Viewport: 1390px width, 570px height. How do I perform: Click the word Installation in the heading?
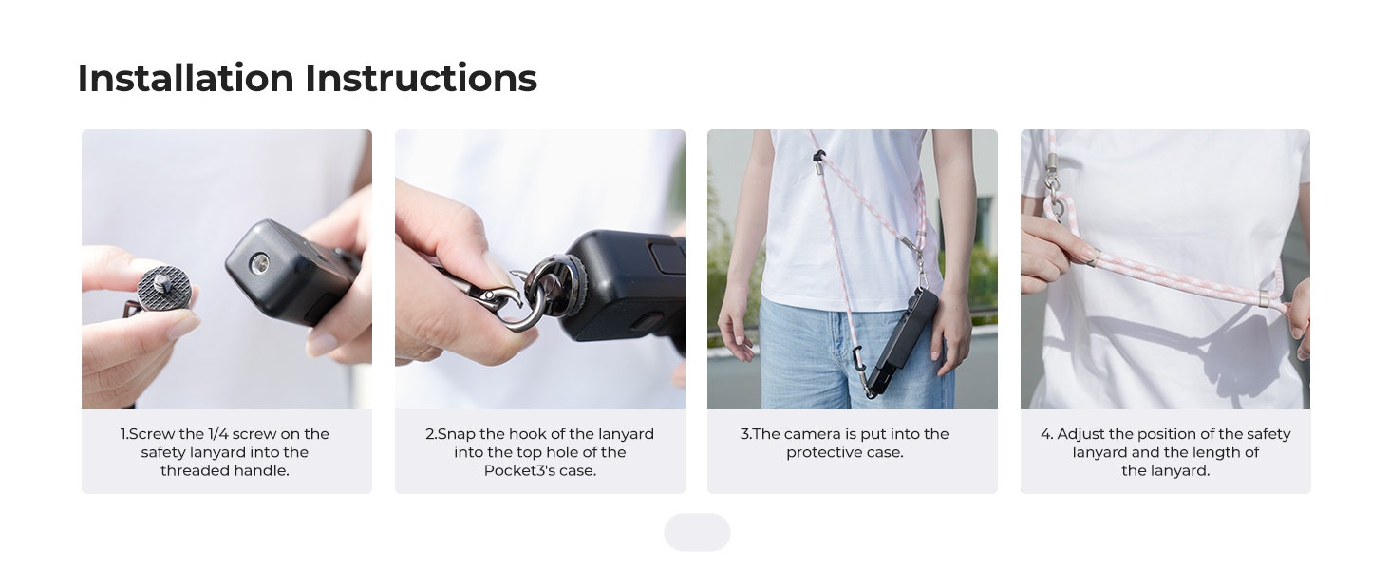[x=185, y=78]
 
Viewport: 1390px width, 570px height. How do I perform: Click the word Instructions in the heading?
[x=421, y=78]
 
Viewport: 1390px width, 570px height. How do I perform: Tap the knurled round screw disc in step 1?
[x=164, y=288]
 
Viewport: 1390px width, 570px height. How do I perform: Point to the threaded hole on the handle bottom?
[x=259, y=263]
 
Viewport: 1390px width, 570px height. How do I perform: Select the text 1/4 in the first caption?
[x=217, y=434]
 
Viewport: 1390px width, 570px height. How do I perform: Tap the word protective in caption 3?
[x=824, y=452]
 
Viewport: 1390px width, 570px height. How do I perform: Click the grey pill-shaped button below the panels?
[x=697, y=532]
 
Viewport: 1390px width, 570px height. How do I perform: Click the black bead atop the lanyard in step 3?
[x=819, y=155]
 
